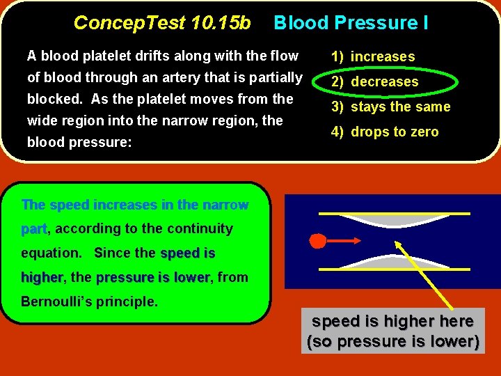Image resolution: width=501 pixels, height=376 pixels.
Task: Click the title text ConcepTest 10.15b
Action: point(162,23)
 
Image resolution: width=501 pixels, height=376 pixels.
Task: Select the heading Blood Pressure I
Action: point(351,23)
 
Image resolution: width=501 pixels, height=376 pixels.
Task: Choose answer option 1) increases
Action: point(373,57)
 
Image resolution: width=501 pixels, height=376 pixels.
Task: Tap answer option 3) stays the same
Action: point(390,107)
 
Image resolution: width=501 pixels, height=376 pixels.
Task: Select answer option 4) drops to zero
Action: point(385,132)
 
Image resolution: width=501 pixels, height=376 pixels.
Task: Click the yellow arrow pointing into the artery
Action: point(424,275)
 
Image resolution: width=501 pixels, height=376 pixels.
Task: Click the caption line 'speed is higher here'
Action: point(392,322)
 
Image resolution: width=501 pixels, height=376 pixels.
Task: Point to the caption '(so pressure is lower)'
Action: point(393,342)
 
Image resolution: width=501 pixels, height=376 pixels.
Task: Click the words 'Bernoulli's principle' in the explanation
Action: point(90,302)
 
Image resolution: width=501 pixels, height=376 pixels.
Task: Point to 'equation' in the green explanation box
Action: point(51,253)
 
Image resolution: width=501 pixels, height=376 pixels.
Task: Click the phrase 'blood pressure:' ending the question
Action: point(70,142)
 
